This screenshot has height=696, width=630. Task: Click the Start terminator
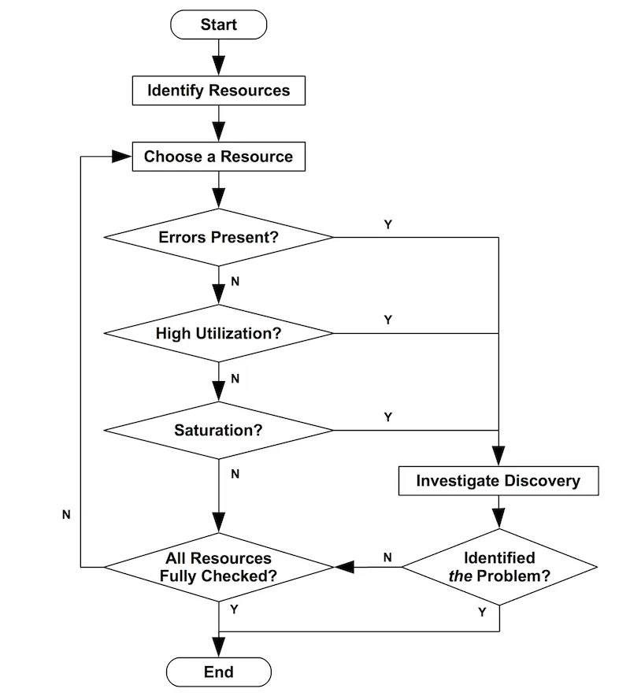pyautogui.click(x=218, y=24)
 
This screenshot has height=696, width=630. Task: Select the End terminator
pyautogui.click(x=218, y=672)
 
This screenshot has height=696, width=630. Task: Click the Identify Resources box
pyautogui.click(x=218, y=91)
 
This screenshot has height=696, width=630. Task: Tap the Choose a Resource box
pyautogui.click(x=218, y=157)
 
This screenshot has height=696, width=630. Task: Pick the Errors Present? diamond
pyautogui.click(x=218, y=237)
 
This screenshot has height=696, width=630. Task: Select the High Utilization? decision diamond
pyautogui.click(x=218, y=333)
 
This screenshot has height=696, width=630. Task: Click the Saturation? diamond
pyautogui.click(x=218, y=431)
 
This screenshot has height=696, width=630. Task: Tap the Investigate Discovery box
pyautogui.click(x=498, y=480)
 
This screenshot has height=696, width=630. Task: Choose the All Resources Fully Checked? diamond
pyautogui.click(x=218, y=567)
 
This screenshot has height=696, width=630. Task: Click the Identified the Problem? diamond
pyautogui.click(x=498, y=567)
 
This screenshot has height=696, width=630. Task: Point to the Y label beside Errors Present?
pyautogui.click(x=387, y=224)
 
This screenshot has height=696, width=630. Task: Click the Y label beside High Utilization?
pyautogui.click(x=387, y=320)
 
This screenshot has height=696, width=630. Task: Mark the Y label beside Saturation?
pyautogui.click(x=387, y=417)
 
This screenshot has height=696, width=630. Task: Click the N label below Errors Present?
pyautogui.click(x=235, y=281)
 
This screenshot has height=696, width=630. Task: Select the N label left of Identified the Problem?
pyautogui.click(x=387, y=557)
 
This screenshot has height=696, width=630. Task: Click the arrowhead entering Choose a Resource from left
pyautogui.click(x=121, y=157)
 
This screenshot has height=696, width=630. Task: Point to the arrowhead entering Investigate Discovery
pyautogui.click(x=498, y=457)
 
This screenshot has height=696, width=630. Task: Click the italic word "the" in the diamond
pyautogui.click(x=459, y=576)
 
